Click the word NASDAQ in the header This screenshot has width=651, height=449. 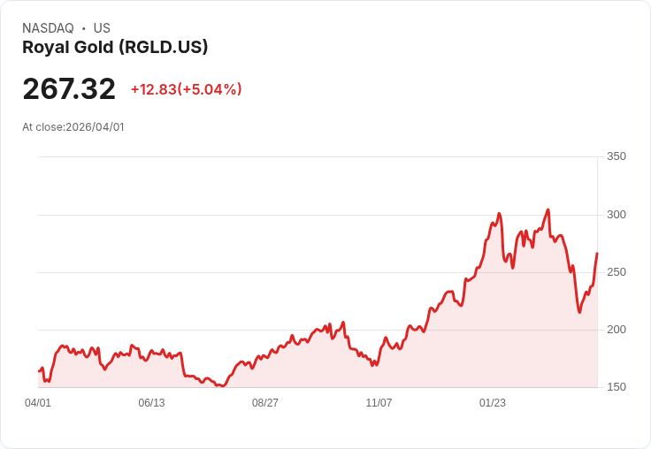coord(48,28)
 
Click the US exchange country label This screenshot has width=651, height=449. coord(102,28)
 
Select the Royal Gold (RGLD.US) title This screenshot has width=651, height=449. coord(115,48)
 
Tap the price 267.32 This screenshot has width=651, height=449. coord(69,89)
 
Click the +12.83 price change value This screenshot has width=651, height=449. coord(154,89)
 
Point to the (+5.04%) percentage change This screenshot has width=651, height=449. coord(211,89)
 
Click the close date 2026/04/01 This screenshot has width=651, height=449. coord(95,127)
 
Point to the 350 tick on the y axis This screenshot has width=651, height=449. coord(616,156)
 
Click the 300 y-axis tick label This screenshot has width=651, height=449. coord(616,215)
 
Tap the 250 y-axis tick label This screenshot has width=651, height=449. coord(616,272)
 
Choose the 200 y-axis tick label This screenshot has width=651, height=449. coord(616,330)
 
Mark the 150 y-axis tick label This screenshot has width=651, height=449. coord(616,387)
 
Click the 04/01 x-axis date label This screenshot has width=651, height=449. coord(38,403)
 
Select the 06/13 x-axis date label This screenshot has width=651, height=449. coord(151,403)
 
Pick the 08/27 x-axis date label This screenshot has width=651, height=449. coord(265,403)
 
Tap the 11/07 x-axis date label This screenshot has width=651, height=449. coord(379,403)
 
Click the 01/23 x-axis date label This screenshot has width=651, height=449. coord(493,403)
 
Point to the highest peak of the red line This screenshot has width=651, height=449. coord(548,209)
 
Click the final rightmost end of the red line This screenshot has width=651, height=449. coord(597,254)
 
